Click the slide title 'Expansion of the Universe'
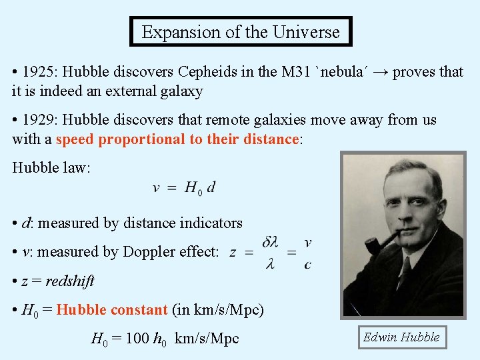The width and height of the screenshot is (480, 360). [x=240, y=31]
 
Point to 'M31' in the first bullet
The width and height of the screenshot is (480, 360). [x=297, y=72]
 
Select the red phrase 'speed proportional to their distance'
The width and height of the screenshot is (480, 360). [x=177, y=139]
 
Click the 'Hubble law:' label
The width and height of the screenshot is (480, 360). [x=51, y=167]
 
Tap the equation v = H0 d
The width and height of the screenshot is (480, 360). [x=184, y=188]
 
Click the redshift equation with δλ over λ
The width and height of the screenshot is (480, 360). [x=270, y=253]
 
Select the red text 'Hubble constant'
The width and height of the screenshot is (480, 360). [x=111, y=310]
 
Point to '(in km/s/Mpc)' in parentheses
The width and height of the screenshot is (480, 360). [x=218, y=310]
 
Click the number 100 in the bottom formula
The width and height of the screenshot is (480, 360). [x=137, y=339]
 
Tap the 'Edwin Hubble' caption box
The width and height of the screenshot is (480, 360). [x=401, y=337]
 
